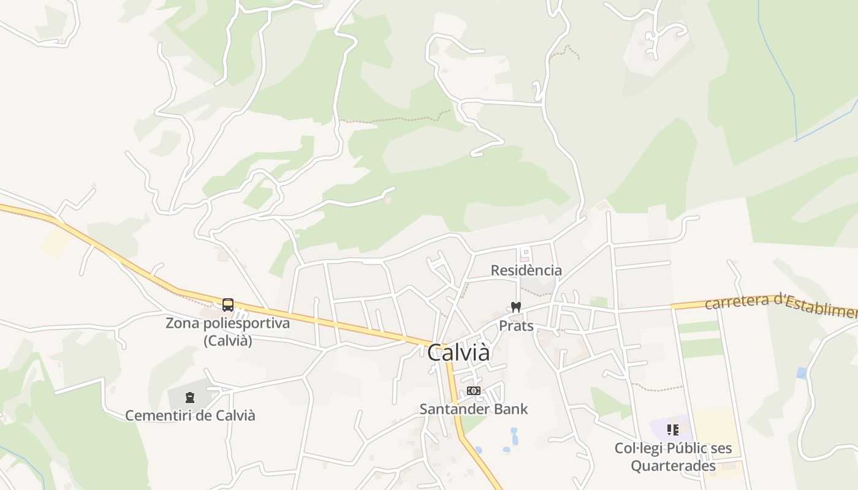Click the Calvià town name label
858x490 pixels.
click(458, 353)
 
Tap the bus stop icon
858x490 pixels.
click(228, 304)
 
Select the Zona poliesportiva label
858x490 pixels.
click(227, 323)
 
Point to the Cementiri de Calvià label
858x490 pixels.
click(190, 415)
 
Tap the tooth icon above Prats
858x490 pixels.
click(516, 307)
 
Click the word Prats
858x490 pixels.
click(516, 325)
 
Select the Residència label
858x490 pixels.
click(526, 270)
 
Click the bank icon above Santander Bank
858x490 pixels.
click(473, 391)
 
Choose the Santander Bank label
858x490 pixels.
click(474, 409)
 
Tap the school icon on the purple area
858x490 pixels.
click(673, 430)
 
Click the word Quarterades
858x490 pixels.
click(673, 466)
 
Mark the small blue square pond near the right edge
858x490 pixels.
click(802, 372)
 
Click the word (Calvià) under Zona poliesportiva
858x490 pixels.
click(227, 341)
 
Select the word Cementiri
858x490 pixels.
click(159, 415)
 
